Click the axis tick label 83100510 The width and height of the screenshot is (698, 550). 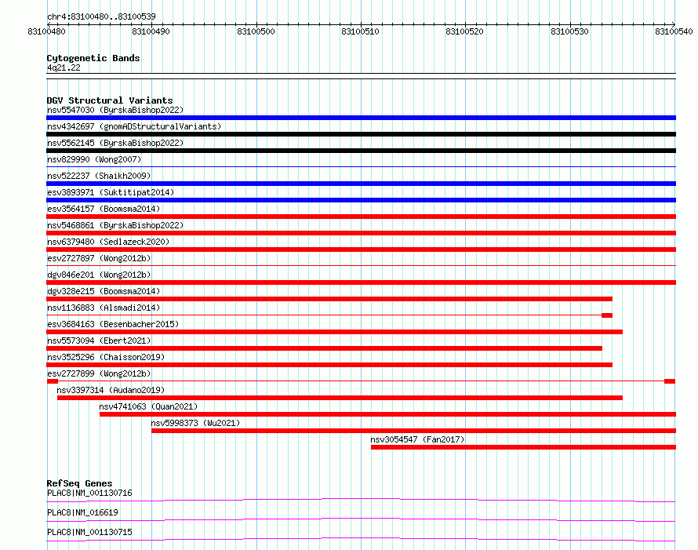click(x=360, y=31)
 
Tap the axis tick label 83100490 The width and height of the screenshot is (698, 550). click(x=151, y=31)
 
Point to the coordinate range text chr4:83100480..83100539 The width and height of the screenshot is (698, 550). click(x=101, y=17)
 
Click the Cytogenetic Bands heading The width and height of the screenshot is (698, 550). click(x=93, y=58)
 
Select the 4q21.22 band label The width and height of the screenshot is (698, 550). click(x=64, y=67)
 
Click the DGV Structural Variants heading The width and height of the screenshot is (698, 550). click(x=110, y=100)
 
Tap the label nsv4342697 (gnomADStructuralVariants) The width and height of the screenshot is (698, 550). click(x=134, y=126)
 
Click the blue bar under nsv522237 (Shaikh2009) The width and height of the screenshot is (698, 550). click(x=361, y=184)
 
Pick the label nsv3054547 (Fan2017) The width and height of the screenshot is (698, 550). click(x=417, y=439)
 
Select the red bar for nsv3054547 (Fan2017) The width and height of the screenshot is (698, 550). click(x=524, y=447)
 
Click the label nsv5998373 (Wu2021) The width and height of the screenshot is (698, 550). click(x=195, y=423)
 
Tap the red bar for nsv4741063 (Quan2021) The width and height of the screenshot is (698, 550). click(x=387, y=414)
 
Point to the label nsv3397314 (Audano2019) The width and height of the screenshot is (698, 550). click(x=111, y=390)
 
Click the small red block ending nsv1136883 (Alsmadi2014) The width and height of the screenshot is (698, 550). click(x=607, y=315)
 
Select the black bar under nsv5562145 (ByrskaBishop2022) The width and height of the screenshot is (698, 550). click(x=361, y=151)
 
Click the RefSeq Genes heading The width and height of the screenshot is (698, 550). click(x=79, y=483)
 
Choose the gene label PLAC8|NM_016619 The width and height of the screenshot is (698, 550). click(x=82, y=512)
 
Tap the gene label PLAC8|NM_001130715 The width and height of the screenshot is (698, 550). click(x=89, y=532)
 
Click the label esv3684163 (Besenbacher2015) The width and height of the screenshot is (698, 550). click(x=113, y=324)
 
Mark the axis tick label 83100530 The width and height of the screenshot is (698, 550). click(x=569, y=31)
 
